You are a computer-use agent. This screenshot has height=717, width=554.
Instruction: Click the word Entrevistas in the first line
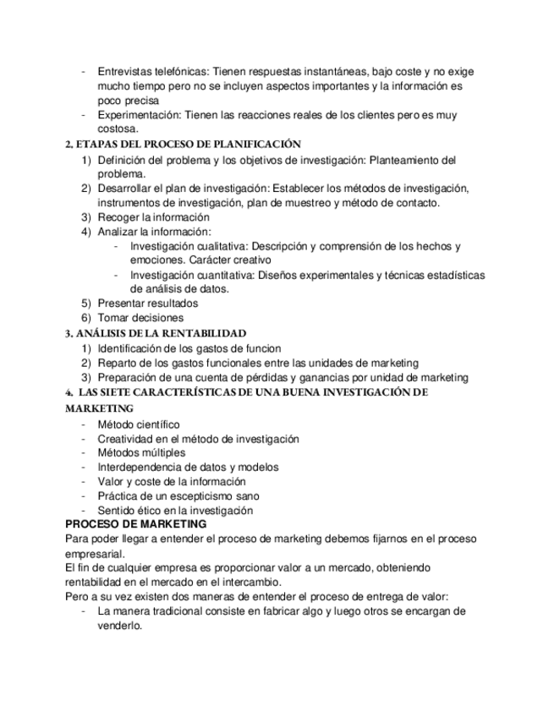click(125, 72)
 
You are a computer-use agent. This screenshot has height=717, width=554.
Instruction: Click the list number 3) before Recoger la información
click(85, 217)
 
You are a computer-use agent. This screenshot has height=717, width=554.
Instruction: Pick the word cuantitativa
click(221, 275)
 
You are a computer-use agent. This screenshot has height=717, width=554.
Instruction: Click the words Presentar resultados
click(148, 304)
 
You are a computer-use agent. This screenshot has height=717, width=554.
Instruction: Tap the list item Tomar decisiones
click(140, 318)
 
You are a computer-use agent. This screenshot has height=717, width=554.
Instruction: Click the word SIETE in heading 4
click(120, 392)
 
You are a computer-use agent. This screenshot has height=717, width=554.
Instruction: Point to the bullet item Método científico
click(139, 424)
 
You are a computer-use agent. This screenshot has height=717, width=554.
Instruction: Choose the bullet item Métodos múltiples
click(141, 452)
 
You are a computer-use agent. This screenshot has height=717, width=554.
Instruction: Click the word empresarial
click(95, 554)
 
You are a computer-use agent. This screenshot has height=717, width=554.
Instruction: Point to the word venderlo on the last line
click(118, 627)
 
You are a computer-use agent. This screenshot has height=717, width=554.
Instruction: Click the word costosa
click(117, 129)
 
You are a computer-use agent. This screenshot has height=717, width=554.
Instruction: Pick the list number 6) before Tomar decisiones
click(85, 318)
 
